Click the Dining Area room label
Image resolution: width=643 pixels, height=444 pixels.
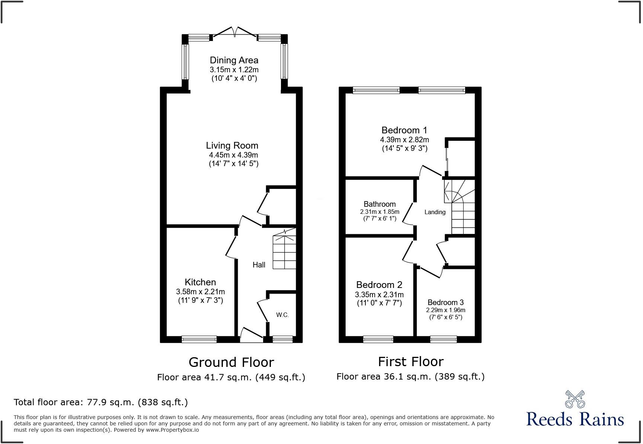pos(234,60)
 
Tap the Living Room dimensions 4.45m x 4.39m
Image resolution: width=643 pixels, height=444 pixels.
pos(233,155)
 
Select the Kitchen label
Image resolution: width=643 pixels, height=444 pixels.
pos(200,282)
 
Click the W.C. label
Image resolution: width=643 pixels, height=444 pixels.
pos(282,315)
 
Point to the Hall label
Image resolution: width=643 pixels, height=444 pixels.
pos(259,265)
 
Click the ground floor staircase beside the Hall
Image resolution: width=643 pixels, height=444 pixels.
pos(284,251)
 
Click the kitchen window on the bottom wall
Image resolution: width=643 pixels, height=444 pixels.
pos(199,339)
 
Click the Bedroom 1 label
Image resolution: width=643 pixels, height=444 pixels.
pos(404,130)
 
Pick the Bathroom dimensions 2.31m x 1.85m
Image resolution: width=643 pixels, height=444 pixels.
pos(380,212)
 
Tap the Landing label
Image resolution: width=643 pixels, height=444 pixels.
pos(435,212)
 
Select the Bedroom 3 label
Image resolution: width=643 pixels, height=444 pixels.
pos(445,302)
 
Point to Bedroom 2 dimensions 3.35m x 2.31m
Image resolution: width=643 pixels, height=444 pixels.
pos(379,294)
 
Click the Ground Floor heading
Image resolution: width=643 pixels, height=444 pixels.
pos(231,362)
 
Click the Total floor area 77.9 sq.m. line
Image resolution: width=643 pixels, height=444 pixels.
pos(100,402)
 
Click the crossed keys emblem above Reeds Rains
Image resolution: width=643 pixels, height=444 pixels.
pos(575,399)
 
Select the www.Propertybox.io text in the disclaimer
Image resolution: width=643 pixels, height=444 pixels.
pos(172,430)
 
